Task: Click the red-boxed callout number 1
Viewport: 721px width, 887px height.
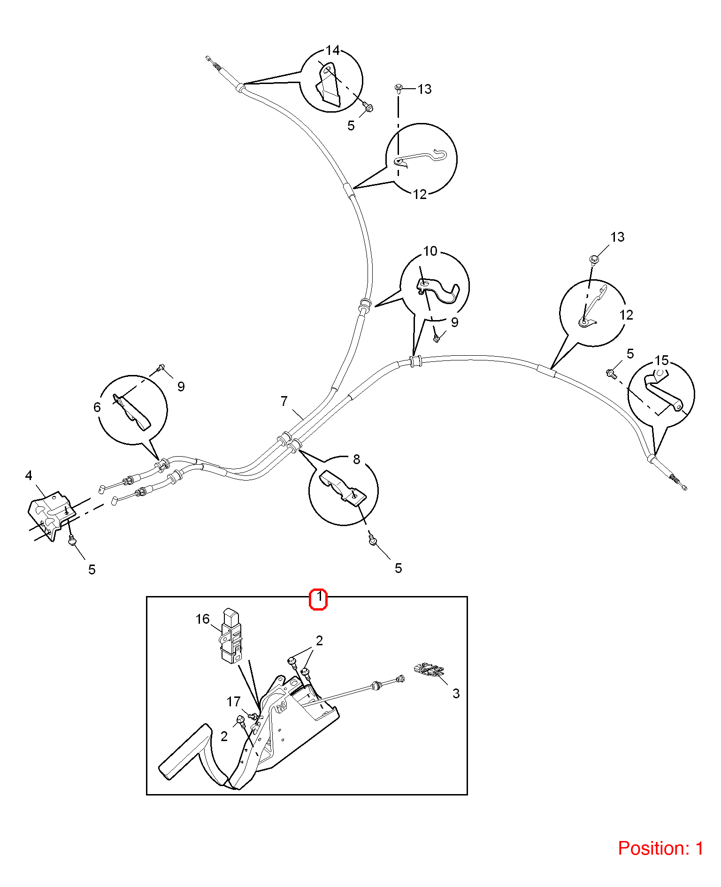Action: (319, 597)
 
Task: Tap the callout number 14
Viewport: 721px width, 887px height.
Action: (332, 51)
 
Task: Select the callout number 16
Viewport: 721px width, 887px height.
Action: (202, 619)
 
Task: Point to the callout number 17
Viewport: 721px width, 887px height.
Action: (233, 702)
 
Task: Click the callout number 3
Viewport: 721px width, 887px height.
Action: (456, 694)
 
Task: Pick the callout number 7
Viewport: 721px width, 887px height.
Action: (284, 401)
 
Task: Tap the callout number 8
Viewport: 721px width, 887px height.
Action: (356, 459)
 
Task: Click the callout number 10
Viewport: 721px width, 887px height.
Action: (430, 252)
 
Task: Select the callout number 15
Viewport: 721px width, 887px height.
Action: (661, 360)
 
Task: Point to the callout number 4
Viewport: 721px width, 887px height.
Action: (29, 475)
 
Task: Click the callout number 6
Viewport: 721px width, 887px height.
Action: (97, 407)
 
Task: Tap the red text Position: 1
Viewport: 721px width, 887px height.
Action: (660, 849)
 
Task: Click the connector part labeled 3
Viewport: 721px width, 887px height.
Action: (429, 670)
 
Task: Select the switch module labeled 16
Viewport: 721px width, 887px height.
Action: (231, 636)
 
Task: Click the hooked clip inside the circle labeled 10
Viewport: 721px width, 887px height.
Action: (438, 291)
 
